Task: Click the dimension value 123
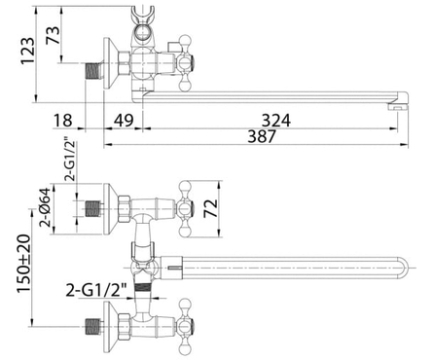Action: click(x=27, y=52)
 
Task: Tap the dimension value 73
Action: click(x=53, y=35)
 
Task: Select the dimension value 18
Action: click(x=62, y=121)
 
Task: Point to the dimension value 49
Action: click(x=124, y=121)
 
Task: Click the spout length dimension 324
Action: click(x=276, y=121)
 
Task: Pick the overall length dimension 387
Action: click(x=262, y=136)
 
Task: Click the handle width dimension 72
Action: click(x=210, y=208)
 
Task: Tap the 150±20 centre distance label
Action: click(x=24, y=264)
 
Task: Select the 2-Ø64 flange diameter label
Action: click(x=45, y=207)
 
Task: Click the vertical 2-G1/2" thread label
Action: click(x=70, y=161)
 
